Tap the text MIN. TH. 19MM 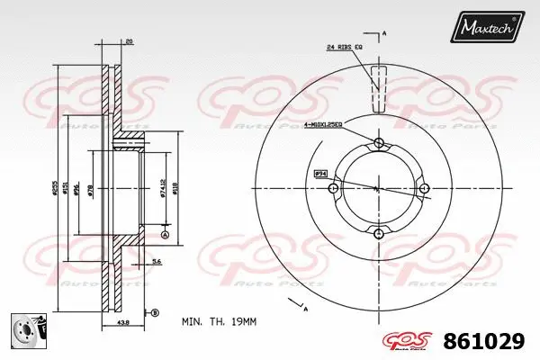click(218, 321)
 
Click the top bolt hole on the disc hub click(378, 144)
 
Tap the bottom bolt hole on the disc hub click(378, 234)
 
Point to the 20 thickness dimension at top click(130, 42)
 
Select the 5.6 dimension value click(156, 261)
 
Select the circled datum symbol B click(155, 312)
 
